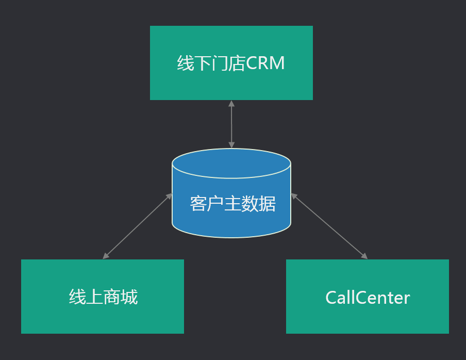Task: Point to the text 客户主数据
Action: pos(232,204)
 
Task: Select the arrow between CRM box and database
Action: pos(231,124)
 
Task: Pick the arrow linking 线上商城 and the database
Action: pos(137,226)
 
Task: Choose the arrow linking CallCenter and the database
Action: pos(329,226)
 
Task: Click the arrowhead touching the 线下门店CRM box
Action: pos(231,103)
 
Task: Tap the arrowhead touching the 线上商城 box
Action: pos(106,256)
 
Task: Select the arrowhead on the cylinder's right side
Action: pos(294,196)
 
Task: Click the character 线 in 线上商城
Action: pos(77,298)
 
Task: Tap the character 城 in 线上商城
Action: pos(129,298)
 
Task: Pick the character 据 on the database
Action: pos(267,204)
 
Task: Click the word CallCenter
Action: pos(368,298)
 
